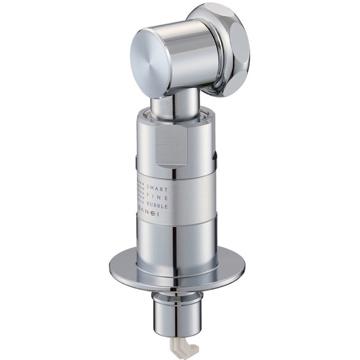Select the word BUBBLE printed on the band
pos(157,206)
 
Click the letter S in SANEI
pos(140,215)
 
